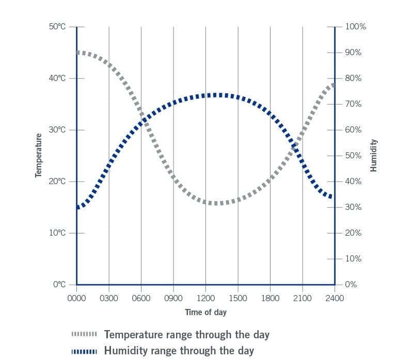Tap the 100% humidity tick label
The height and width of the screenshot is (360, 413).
[x=355, y=26]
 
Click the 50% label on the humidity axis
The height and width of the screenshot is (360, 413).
[x=353, y=155]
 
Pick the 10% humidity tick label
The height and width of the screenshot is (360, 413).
[x=353, y=258]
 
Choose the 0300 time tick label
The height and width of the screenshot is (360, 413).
[x=109, y=298]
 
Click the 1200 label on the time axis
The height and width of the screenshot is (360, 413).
[x=205, y=298]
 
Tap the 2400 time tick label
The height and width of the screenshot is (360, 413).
[x=335, y=298]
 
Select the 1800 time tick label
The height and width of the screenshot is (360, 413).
[x=270, y=298]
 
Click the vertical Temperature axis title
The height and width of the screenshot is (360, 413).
[x=38, y=155]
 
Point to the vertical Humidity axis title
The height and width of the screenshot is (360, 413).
[x=374, y=155]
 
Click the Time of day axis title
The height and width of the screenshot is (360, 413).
[x=205, y=312]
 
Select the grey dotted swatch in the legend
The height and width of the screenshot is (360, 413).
[x=85, y=335]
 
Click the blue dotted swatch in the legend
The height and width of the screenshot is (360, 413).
[x=85, y=351]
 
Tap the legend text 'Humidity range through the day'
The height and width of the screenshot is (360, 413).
[x=179, y=351]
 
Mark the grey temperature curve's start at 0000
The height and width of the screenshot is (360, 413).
[x=78, y=53]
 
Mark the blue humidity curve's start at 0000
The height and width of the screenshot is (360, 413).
[x=78, y=207]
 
